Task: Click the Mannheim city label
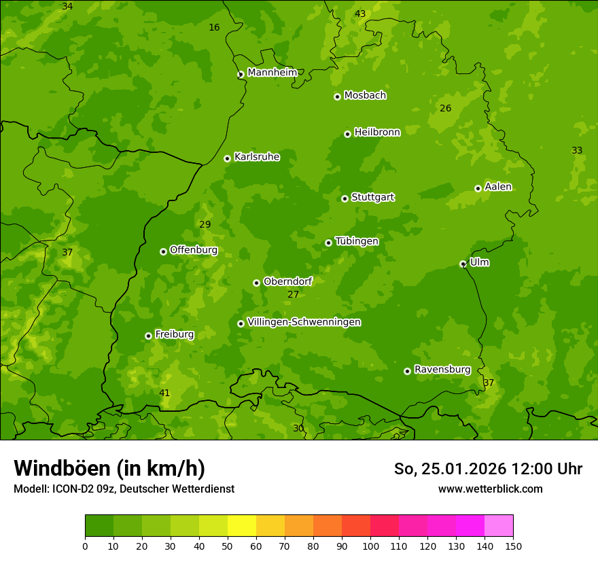pyautogui.click(x=272, y=73)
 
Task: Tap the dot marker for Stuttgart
pyautogui.click(x=345, y=198)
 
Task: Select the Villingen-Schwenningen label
pyautogui.click(x=304, y=322)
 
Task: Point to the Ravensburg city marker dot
pyautogui.click(x=407, y=371)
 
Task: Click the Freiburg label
pyautogui.click(x=174, y=334)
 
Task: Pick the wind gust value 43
pyautogui.click(x=360, y=14)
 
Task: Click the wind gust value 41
pyautogui.click(x=164, y=393)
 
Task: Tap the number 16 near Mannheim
pyautogui.click(x=214, y=27)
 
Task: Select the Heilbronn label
pyautogui.click(x=377, y=132)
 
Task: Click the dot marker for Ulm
pyautogui.click(x=463, y=264)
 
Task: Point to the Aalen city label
pyautogui.click(x=498, y=187)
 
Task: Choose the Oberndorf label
pyautogui.click(x=287, y=281)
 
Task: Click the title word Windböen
pyautogui.click(x=62, y=468)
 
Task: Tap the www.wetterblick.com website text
pyautogui.click(x=490, y=489)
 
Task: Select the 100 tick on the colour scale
pyautogui.click(x=370, y=546)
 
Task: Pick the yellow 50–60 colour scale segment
pyautogui.click(x=242, y=526)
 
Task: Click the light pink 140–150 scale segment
pyautogui.click(x=499, y=526)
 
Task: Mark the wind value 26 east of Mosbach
pyautogui.click(x=445, y=108)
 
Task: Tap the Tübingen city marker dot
pyautogui.click(x=328, y=243)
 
